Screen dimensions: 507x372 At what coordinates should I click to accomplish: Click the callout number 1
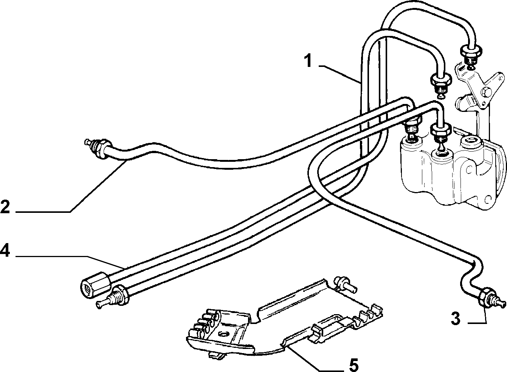309,60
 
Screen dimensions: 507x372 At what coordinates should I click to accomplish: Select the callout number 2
5,206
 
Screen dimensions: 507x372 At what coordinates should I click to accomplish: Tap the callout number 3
456,319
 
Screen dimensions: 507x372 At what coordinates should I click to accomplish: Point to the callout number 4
5,251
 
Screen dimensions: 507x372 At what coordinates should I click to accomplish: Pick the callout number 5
354,365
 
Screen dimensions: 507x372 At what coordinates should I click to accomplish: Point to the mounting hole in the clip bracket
223,334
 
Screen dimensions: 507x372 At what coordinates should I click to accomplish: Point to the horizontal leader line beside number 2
43,212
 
